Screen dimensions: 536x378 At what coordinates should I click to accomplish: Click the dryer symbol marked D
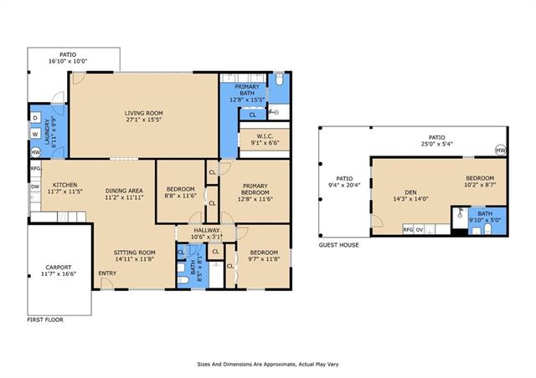pyautogui.click(x=35, y=118)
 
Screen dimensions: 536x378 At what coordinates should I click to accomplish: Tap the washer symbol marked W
pyautogui.click(x=35, y=134)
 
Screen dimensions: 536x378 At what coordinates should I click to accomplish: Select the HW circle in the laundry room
pyautogui.click(x=35, y=152)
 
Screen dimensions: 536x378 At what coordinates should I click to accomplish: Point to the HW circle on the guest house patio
pyautogui.click(x=501, y=150)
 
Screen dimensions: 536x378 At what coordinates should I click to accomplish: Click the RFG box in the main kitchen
pyautogui.click(x=35, y=168)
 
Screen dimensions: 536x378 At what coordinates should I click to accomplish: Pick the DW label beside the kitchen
pyautogui.click(x=35, y=186)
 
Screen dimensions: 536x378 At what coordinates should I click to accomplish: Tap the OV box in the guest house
pyautogui.click(x=420, y=230)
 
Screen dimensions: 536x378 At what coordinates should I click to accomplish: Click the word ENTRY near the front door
pyautogui.click(x=107, y=273)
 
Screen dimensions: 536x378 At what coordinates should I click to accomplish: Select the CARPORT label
pyautogui.click(x=59, y=268)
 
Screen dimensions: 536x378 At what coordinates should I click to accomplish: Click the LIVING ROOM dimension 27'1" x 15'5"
pyautogui.click(x=143, y=120)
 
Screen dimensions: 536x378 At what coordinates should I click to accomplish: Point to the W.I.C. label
pyautogui.click(x=265, y=136)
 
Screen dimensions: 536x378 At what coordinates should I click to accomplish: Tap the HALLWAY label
pyautogui.click(x=207, y=230)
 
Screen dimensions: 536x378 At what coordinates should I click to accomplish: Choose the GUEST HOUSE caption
pyautogui.click(x=338, y=245)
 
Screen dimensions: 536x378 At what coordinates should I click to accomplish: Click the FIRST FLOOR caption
pyautogui.click(x=45, y=320)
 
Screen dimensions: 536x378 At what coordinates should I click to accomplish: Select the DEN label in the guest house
pyautogui.click(x=410, y=192)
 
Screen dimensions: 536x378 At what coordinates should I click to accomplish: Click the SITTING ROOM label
pyautogui.click(x=134, y=253)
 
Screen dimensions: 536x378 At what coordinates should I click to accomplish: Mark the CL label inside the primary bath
pyautogui.click(x=253, y=115)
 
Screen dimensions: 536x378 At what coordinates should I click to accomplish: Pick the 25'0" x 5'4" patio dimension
pyautogui.click(x=437, y=144)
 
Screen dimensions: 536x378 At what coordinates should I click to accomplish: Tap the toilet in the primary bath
pyautogui.click(x=279, y=79)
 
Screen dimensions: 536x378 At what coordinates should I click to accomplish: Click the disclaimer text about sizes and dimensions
pyautogui.click(x=268, y=365)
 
